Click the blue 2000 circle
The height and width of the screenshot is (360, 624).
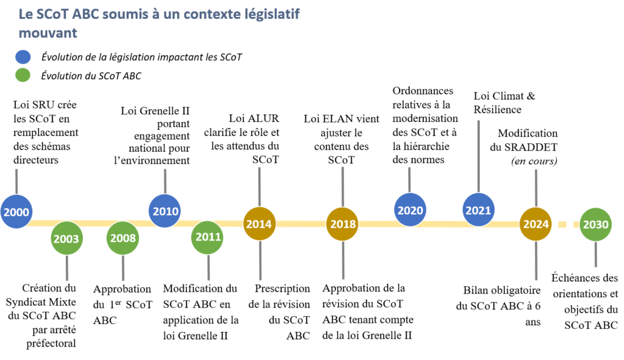coord(15,212)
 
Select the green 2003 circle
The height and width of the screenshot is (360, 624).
coord(66,238)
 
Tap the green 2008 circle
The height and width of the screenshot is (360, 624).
coord(123,238)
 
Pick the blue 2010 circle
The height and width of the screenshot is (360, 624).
coord(165,211)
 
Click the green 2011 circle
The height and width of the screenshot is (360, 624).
coord(208,238)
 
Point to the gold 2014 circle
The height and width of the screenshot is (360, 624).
coord(260,224)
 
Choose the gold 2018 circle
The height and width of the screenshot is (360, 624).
coord(342,224)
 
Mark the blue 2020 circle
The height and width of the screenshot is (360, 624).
coord(409,210)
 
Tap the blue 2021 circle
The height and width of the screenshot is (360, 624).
coord(479,210)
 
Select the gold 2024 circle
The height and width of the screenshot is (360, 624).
coord(536,224)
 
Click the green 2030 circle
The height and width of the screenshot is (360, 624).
coord(595,224)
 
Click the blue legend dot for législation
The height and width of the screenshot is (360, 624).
coord(24,57)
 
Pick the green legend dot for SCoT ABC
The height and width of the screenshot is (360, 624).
coord(24,76)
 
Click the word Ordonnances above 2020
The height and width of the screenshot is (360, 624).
coord(423,91)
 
